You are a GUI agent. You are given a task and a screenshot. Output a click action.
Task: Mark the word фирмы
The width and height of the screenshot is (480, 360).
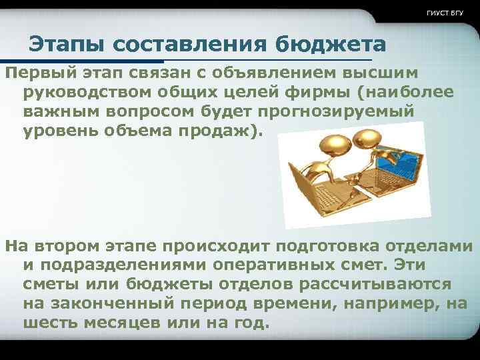305,91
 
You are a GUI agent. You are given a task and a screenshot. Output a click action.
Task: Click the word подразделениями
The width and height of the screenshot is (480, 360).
126,265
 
